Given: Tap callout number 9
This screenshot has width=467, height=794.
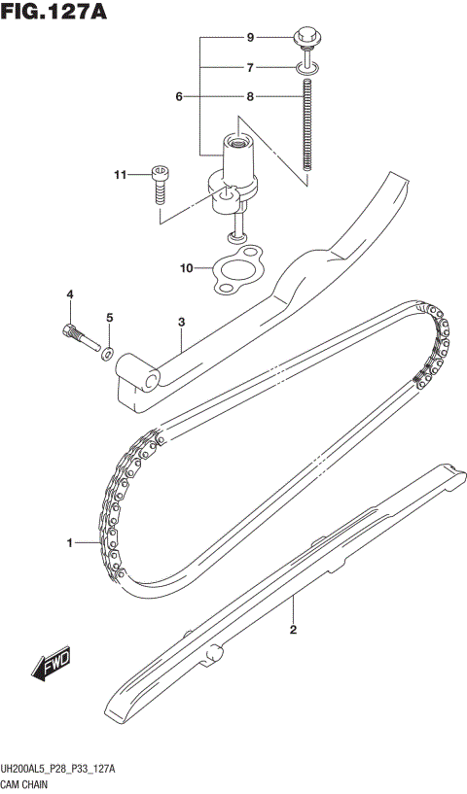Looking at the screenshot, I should (250, 38).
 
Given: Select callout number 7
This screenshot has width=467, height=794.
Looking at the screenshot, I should (250, 68).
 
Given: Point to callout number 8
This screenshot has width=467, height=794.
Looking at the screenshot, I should (250, 97).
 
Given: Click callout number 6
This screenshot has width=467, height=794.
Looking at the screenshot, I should (179, 97).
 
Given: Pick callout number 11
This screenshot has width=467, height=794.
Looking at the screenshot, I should (121, 175).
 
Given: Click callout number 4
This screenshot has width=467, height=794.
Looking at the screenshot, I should (69, 294).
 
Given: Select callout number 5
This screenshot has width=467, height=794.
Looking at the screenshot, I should (109, 318).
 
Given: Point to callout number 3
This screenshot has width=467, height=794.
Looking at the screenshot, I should (181, 322).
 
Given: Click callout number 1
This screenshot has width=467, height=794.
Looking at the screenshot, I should (69, 543).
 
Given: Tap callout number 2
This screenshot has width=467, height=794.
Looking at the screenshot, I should (293, 629).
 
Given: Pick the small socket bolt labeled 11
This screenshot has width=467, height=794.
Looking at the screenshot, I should (160, 185).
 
